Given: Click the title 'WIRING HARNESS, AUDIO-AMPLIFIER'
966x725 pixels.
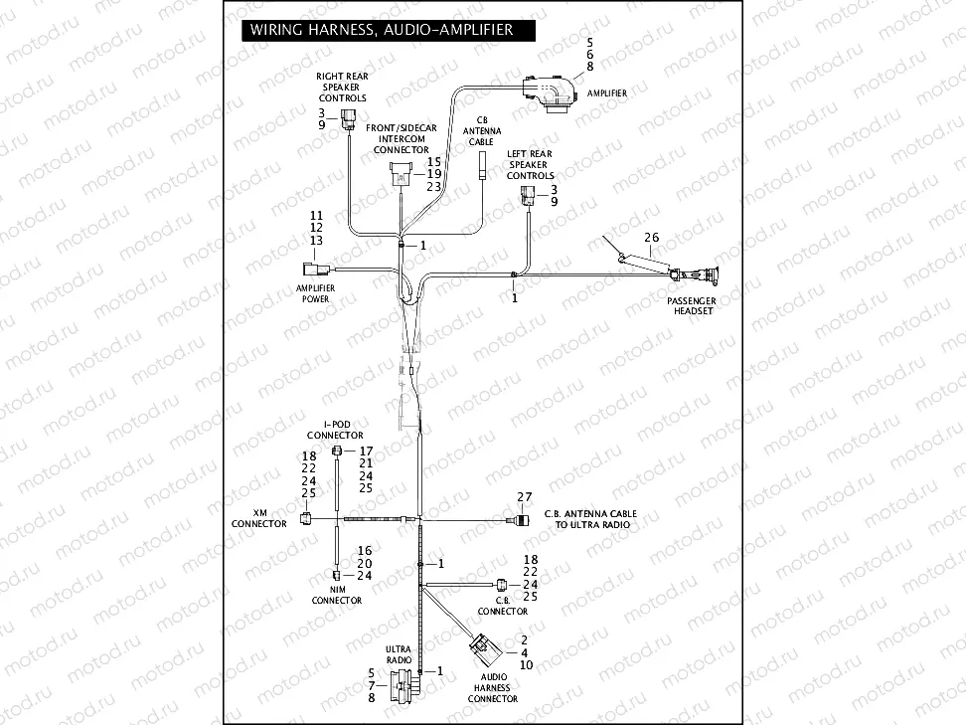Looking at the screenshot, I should click(382, 30).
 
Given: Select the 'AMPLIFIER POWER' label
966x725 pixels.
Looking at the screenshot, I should click(315, 293).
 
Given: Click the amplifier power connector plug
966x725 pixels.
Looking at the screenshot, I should click(311, 269).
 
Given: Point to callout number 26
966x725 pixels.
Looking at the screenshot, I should click(651, 238).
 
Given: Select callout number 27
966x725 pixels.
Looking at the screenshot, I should click(525, 496).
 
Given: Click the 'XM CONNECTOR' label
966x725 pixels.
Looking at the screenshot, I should click(259, 519).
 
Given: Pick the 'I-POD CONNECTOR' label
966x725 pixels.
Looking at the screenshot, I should click(335, 430).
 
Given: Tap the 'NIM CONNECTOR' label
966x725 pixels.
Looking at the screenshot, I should click(337, 596).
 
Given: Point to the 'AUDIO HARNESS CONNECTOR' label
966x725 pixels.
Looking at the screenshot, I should click(493, 688).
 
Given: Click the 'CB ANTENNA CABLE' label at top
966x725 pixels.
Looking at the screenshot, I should click(482, 130).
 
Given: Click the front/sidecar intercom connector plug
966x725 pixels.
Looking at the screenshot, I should click(401, 170).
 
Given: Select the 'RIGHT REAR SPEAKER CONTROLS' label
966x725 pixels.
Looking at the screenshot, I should click(342, 87).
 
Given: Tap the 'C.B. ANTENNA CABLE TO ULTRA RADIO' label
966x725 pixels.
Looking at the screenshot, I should click(590, 519).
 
